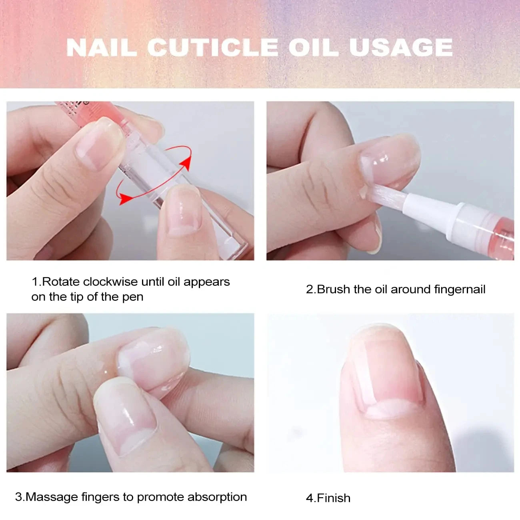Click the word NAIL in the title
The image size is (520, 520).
(101, 48)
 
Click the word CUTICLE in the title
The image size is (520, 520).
(212, 48)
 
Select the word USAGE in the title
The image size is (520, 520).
(400, 48)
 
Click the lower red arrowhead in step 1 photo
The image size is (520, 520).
(125, 198)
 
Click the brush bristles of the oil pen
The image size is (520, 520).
(386, 195)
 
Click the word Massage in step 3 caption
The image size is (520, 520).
(52, 497)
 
